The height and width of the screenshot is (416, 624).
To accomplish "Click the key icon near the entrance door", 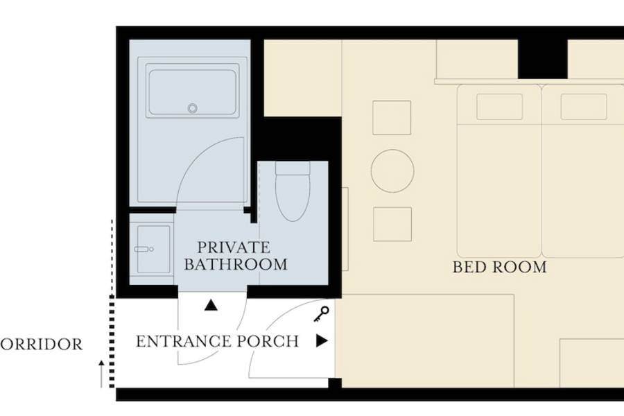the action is (322, 313).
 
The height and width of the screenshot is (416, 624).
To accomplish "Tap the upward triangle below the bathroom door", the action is (211, 305).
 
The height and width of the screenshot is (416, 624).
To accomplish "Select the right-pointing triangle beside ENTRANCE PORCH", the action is (322, 340).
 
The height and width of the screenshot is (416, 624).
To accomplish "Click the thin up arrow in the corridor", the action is (101, 374).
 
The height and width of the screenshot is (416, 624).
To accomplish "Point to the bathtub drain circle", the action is (193, 108).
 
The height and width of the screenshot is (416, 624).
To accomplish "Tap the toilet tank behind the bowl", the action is (293, 168).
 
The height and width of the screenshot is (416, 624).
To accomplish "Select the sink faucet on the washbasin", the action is (144, 249).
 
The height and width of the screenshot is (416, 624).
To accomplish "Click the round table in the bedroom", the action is (392, 171).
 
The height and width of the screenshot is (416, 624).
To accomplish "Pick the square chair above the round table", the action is (392, 118).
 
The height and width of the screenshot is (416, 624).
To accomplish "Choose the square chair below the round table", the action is (392, 224).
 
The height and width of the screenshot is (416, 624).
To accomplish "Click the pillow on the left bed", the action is (499, 107).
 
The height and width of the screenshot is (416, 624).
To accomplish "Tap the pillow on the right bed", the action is (584, 107).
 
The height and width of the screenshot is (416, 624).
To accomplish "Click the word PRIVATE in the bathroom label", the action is (234, 248).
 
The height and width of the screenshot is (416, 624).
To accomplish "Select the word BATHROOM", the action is (236, 264).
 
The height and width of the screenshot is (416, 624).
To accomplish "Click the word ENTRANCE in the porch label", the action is (184, 342).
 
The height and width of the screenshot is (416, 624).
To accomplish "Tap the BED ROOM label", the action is (500, 267).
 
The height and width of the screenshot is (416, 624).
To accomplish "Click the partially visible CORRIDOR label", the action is (41, 344).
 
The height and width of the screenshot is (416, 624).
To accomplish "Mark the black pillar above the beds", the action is (542, 59).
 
